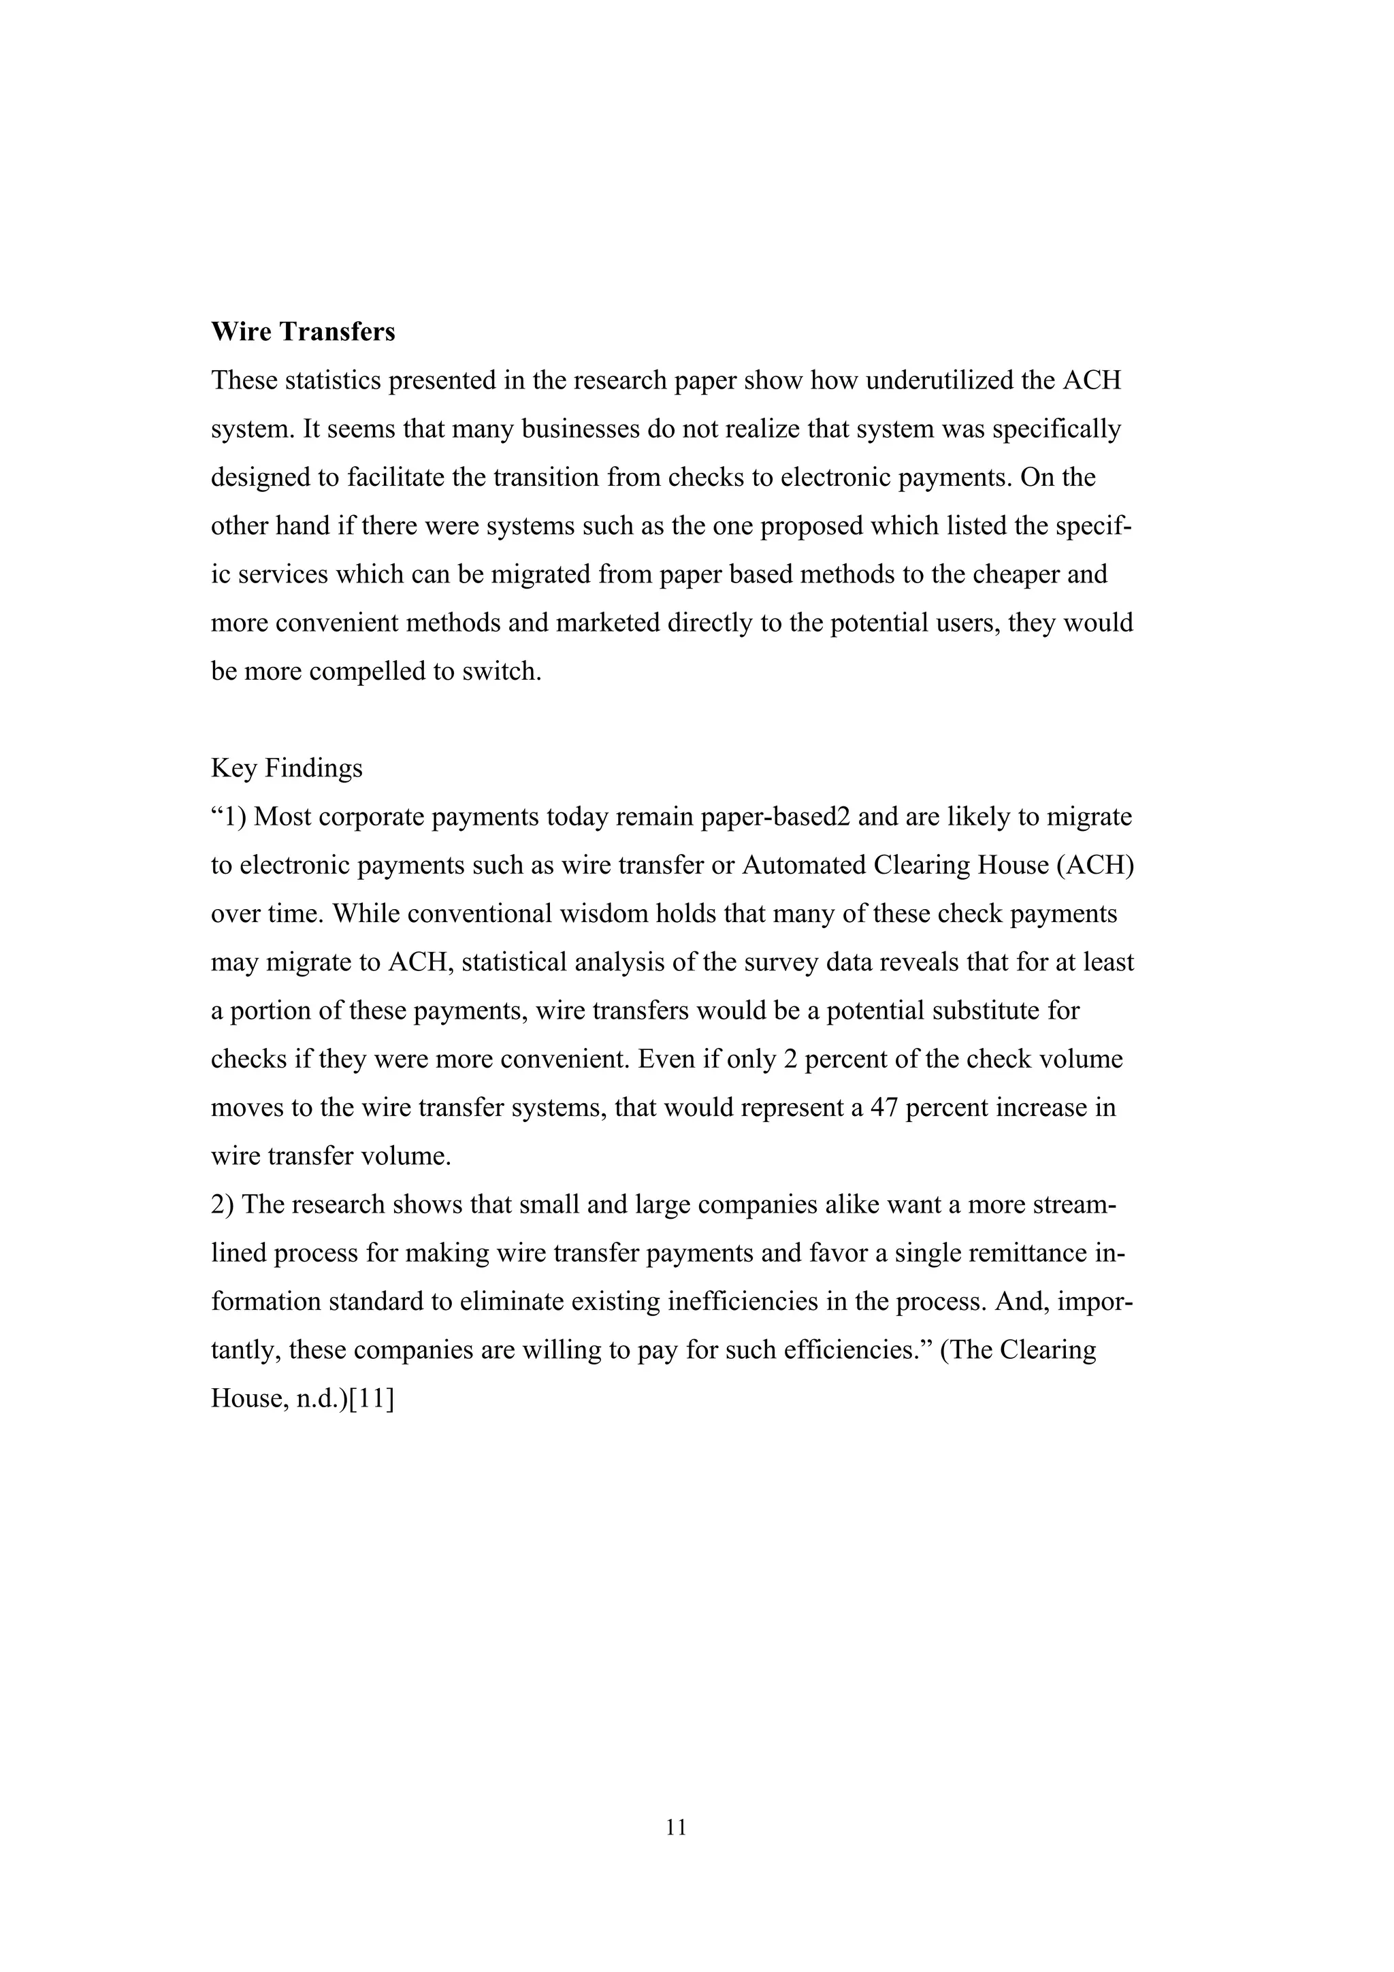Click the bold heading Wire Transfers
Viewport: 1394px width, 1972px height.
[303, 332]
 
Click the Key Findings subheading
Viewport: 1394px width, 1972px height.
[287, 768]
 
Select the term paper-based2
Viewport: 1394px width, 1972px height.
[775, 817]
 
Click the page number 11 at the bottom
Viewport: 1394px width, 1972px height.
[676, 1828]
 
